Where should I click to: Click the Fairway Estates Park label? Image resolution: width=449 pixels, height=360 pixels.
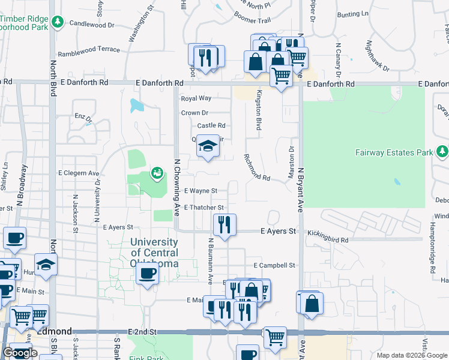[x=393, y=152]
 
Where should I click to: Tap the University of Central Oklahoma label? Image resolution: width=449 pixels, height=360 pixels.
[x=154, y=252]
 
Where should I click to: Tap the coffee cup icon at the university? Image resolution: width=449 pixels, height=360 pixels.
[x=146, y=274]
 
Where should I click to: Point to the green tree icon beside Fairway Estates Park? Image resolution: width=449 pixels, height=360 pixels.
[x=442, y=152]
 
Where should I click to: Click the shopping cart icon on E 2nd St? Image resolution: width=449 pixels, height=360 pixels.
[x=275, y=337]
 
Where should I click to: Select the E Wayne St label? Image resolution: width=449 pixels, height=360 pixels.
[x=200, y=191]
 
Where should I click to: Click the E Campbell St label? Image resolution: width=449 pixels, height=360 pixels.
[x=275, y=265]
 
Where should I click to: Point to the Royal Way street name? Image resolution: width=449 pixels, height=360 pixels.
[x=196, y=98]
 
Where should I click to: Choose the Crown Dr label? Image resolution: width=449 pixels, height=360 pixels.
[x=194, y=113]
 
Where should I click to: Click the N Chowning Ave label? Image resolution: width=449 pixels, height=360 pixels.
[x=176, y=187]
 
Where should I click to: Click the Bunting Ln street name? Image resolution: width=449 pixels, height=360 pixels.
[x=353, y=14]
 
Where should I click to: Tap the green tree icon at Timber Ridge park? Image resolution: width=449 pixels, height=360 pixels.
[x=58, y=23]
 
